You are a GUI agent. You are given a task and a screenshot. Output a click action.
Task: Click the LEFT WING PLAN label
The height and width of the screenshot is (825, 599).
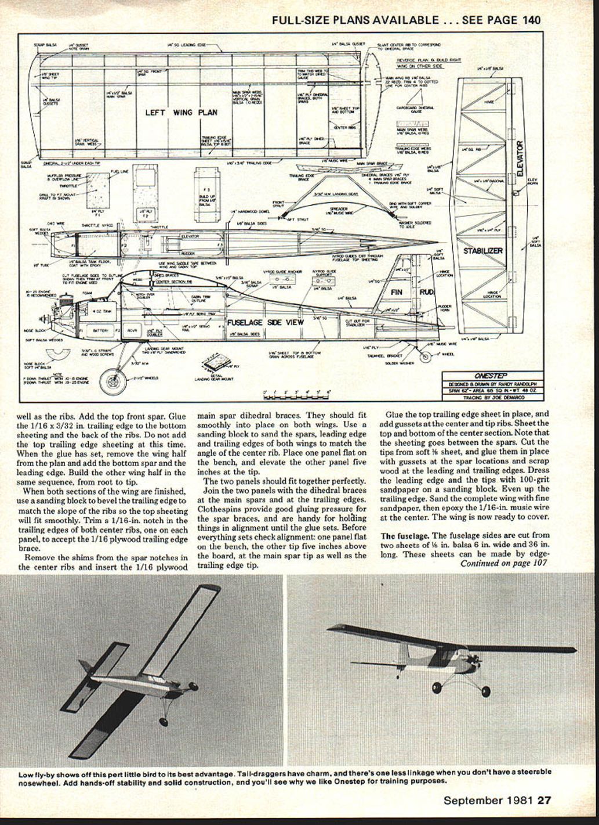[x=181, y=112]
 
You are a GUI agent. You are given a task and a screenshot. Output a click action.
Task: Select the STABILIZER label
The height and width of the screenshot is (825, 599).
[x=482, y=251]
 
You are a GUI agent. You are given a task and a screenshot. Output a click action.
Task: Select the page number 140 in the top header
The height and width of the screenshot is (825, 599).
[x=531, y=20]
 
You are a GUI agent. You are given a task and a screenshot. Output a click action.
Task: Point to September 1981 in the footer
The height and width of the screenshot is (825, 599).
[x=488, y=800]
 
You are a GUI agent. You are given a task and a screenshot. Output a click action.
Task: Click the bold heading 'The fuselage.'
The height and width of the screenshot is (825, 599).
[x=405, y=535]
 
